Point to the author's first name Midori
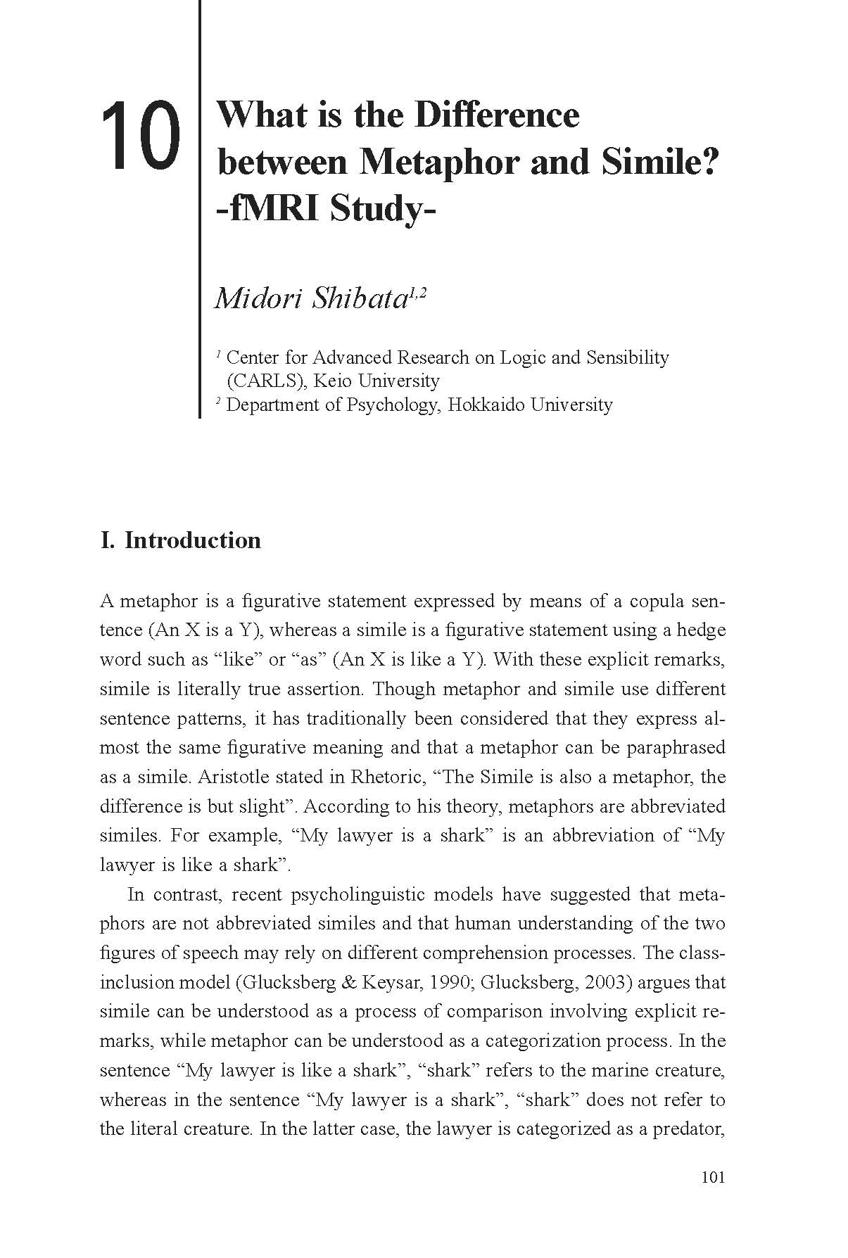click(258, 298)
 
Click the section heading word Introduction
click(192, 540)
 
